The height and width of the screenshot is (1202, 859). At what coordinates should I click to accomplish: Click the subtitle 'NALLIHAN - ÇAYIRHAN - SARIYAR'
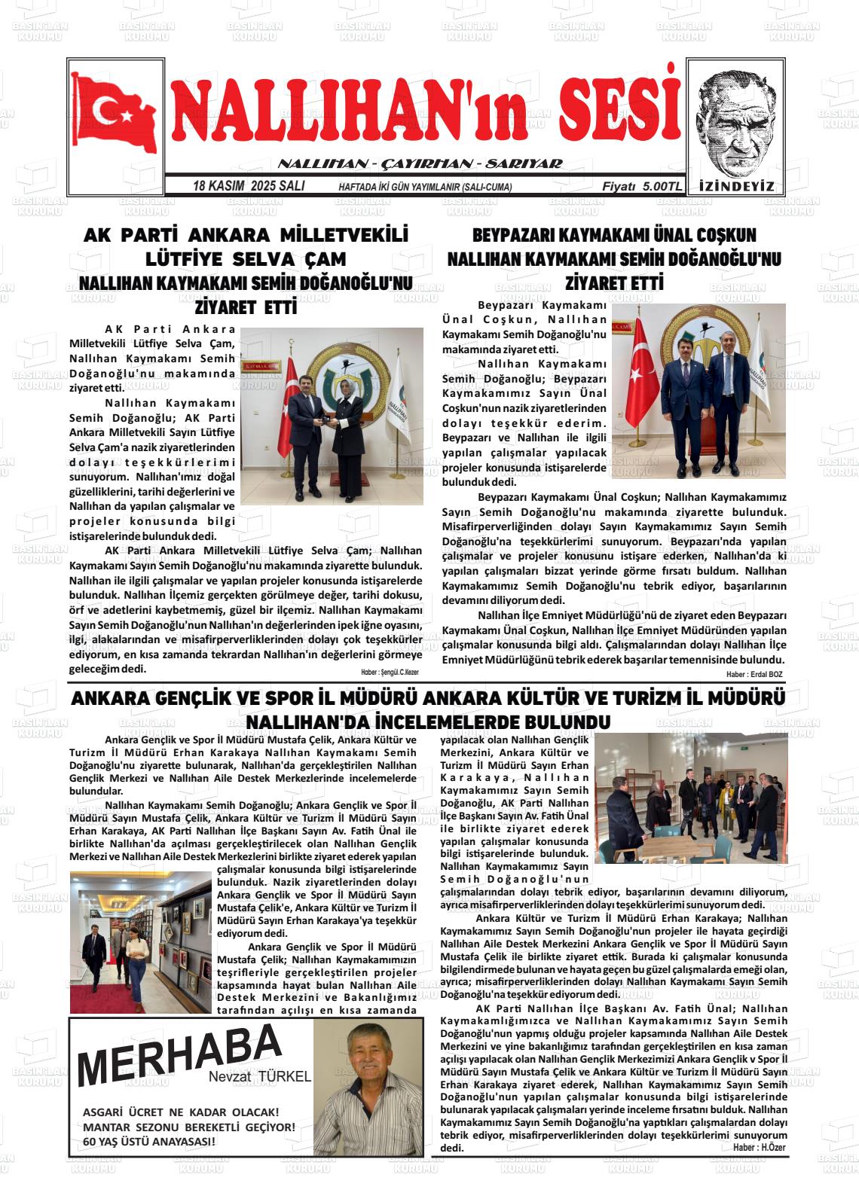coord(420,164)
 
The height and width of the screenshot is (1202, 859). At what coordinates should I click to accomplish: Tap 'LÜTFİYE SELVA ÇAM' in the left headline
coord(246,260)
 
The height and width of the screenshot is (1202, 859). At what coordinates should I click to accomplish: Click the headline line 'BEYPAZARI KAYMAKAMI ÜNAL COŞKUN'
coord(614,235)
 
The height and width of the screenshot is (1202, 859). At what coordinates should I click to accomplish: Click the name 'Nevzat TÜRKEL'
coord(260,1077)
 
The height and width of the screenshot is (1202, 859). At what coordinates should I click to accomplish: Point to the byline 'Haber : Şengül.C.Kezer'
coord(389,671)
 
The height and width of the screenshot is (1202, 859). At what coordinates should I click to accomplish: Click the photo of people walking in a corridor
coord(140,942)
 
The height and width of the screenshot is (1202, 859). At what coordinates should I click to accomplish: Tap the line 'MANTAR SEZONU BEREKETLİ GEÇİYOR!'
coord(189,1127)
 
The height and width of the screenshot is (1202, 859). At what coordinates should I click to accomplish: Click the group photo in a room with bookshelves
coord(690,798)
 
